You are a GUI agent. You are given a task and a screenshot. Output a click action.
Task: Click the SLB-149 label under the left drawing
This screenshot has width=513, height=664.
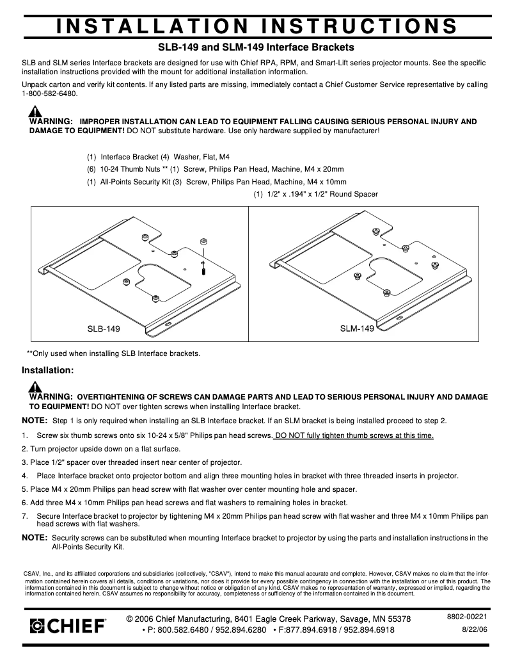[x=104, y=328]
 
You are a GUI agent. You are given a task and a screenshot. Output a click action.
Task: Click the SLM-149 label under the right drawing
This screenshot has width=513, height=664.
[x=356, y=328]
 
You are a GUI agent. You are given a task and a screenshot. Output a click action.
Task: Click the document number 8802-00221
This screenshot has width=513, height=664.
[x=467, y=617]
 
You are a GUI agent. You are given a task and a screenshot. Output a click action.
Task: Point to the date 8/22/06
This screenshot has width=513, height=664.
[x=474, y=630]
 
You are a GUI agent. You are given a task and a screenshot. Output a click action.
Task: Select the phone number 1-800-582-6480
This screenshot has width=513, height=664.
[x=49, y=93]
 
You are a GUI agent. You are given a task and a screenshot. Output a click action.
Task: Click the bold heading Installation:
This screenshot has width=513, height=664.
[x=48, y=370]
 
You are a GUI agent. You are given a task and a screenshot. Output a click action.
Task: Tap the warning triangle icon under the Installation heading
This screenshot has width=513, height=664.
[x=35, y=387]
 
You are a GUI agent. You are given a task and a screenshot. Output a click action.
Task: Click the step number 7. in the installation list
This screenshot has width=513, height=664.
[x=25, y=515]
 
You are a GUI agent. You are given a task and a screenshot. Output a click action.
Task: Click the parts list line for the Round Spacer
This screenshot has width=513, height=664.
[x=316, y=194]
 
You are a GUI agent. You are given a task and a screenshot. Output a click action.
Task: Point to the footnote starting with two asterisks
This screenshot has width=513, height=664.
[x=113, y=353]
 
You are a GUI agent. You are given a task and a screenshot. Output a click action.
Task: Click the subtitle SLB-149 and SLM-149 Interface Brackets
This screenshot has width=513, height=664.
[x=256, y=47]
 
